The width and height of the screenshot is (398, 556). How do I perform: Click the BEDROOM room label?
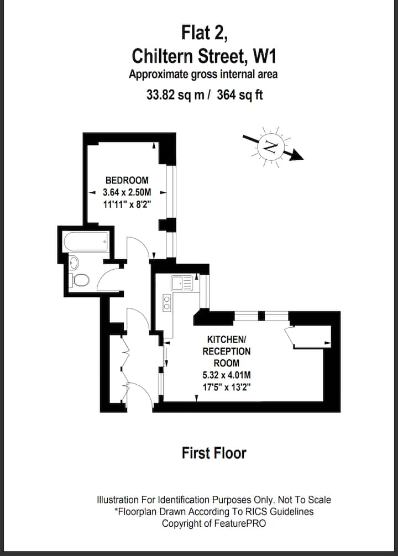(x=127, y=180)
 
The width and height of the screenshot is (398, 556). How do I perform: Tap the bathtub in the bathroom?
(x=86, y=242)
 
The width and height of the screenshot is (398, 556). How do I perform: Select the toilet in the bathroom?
(x=79, y=280)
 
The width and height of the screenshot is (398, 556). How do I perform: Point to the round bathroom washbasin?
(x=74, y=263)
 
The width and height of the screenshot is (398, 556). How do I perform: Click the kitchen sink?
(x=182, y=283)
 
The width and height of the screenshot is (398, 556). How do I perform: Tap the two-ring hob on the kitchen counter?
(x=167, y=302)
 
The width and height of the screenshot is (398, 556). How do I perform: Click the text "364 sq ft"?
(x=240, y=95)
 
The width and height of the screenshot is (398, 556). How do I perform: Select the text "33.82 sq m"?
(x=175, y=95)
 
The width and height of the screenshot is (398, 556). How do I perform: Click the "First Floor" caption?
(x=214, y=453)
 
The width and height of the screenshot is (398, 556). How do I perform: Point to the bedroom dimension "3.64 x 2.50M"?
(x=127, y=192)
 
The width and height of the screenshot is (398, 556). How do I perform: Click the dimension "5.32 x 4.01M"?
(x=227, y=375)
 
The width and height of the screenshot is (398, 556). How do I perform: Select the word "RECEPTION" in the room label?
(x=227, y=351)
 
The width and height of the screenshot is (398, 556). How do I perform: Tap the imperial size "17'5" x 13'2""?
(x=227, y=387)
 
